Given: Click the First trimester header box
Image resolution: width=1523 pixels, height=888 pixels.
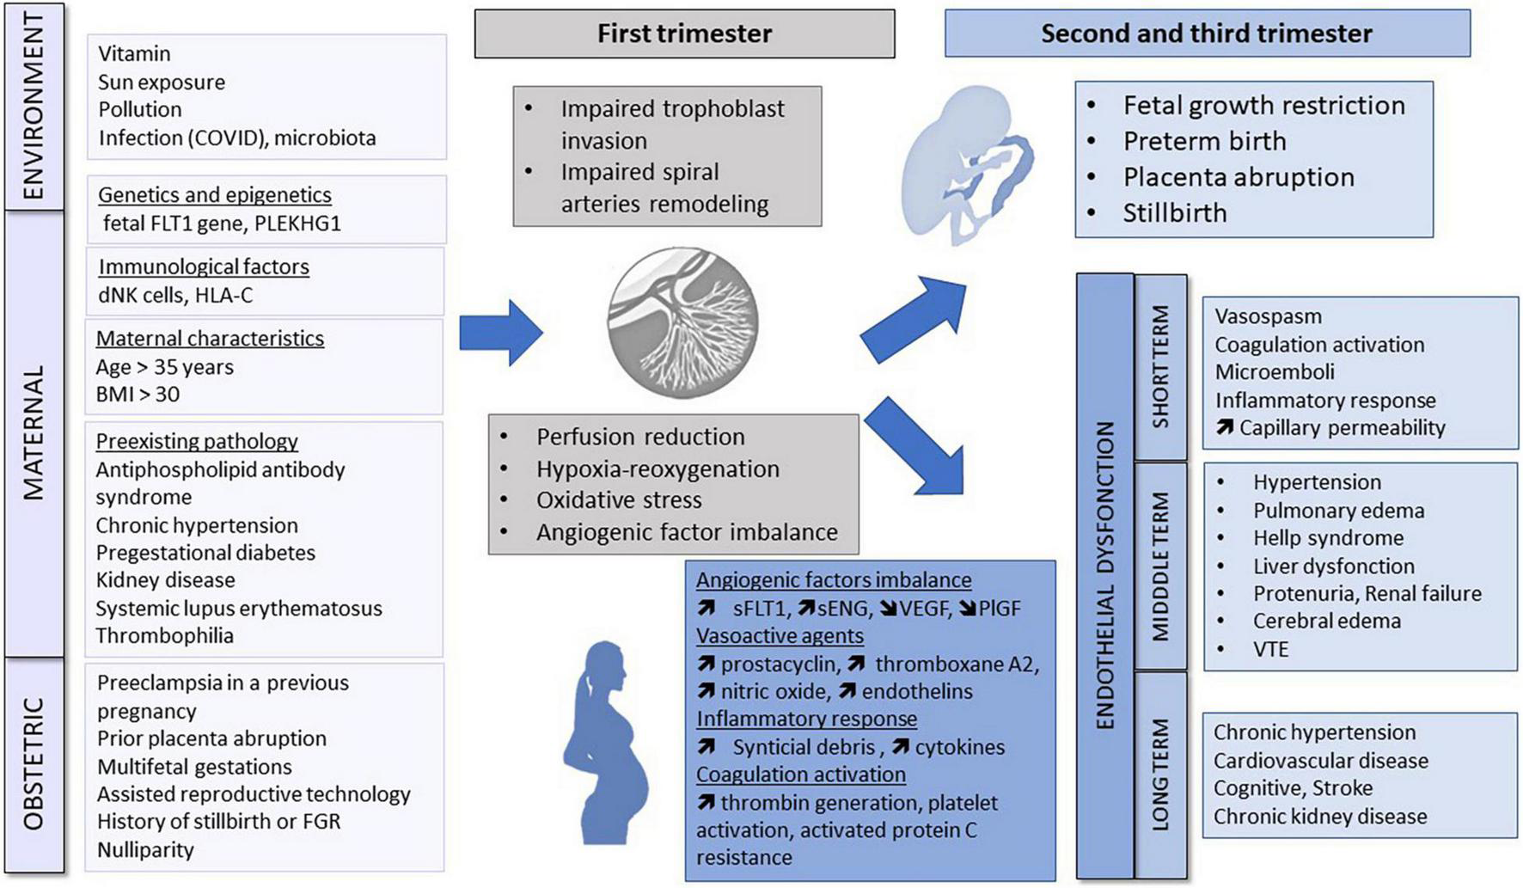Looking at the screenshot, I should click(684, 34).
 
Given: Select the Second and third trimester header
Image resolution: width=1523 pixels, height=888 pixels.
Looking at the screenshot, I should click(1207, 34).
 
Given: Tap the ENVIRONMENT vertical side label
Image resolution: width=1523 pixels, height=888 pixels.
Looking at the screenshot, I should click(34, 107).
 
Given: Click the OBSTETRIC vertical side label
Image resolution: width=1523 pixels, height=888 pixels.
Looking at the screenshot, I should click(34, 764).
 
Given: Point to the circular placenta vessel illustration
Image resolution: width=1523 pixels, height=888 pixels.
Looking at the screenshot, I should click(683, 323).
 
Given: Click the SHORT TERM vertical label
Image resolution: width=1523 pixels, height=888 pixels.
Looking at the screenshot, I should click(1160, 367).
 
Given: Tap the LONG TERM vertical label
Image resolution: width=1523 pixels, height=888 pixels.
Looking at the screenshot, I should click(1160, 774).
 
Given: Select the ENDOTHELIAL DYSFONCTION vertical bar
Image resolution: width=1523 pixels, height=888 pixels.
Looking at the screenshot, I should click(1105, 576).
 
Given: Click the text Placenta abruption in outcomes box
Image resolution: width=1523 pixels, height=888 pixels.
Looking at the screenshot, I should click(1238, 177).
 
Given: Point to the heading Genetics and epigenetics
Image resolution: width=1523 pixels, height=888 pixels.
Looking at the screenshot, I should click(214, 194).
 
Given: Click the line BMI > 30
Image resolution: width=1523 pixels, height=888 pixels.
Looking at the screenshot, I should click(138, 395).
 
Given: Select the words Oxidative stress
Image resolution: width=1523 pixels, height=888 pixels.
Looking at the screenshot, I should click(619, 500).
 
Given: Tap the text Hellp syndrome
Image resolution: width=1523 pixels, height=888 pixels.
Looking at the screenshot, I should click(1328, 538).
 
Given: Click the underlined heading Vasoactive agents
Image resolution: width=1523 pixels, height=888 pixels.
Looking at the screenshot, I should click(780, 636).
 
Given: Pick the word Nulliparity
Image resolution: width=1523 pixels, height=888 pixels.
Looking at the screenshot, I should click(145, 850).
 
